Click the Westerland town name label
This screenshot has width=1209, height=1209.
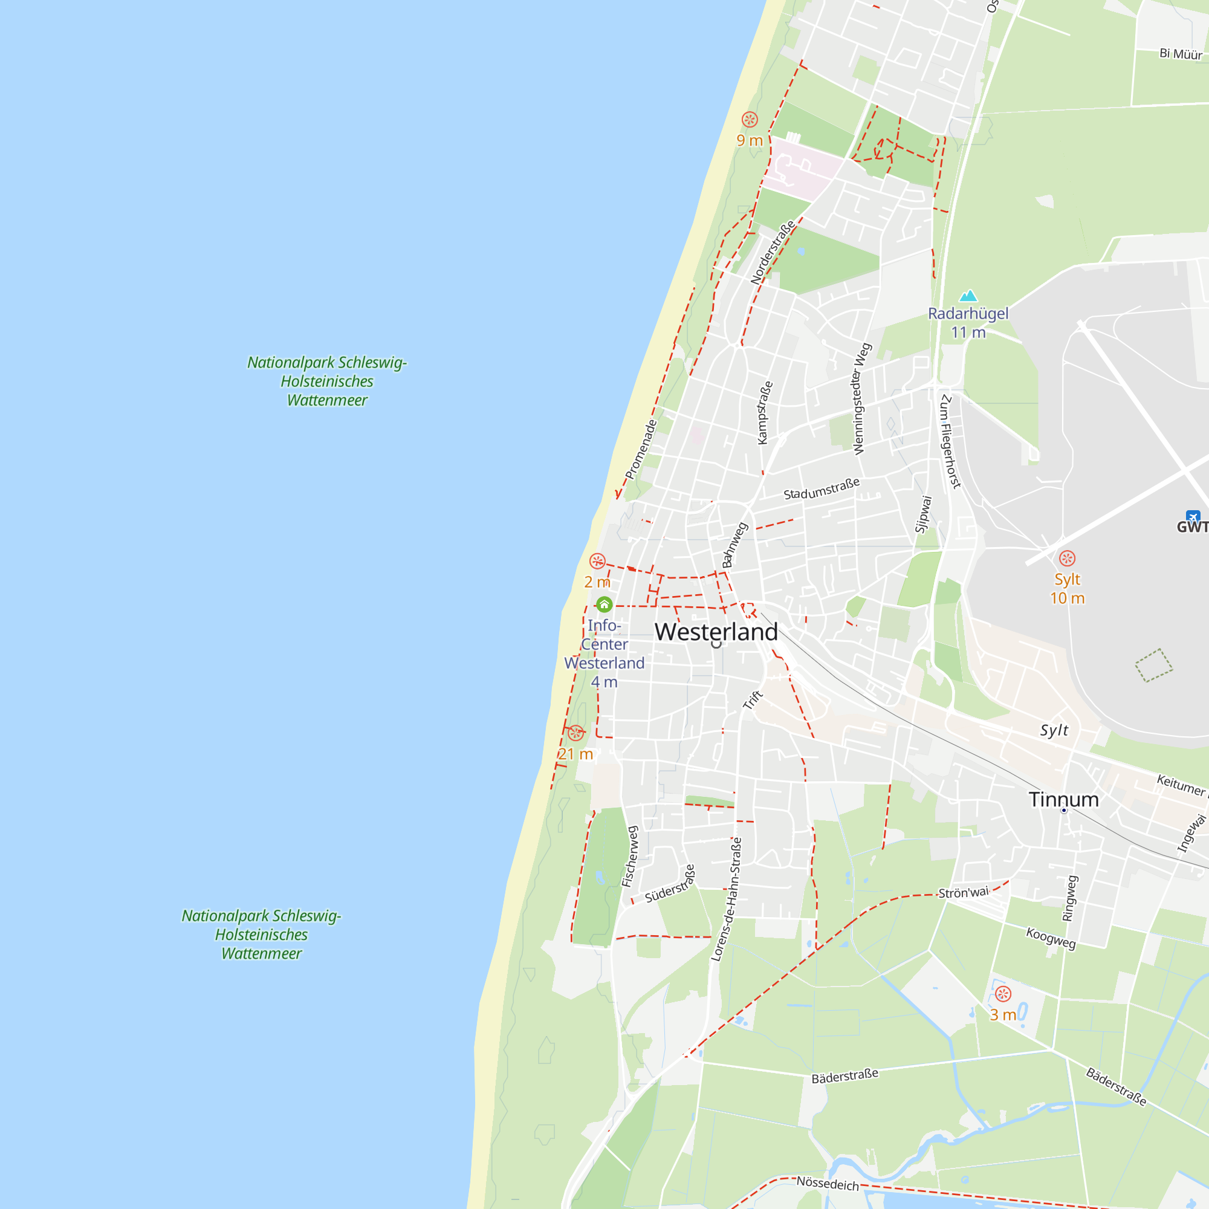point(716,632)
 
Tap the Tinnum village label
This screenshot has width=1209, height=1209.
point(1063,800)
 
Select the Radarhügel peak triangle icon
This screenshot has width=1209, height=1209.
point(968,296)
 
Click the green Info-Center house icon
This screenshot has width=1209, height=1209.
point(604,604)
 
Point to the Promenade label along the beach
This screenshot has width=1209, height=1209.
point(641,450)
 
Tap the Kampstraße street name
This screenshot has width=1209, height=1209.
point(764,413)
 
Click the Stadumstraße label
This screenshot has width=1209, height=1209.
point(822,488)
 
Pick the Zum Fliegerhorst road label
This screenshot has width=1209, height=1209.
point(950,442)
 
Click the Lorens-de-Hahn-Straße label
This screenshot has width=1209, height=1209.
point(727,899)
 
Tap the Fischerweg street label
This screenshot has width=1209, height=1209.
point(629,856)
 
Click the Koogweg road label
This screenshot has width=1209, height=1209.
point(1051,938)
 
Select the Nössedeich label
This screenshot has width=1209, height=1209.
point(828,1184)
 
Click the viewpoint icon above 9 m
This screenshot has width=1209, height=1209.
point(750,120)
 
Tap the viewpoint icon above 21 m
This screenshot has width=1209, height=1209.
point(575,733)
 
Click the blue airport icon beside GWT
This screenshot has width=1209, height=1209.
point(1193,516)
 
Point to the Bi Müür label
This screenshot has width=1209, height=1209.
point(1180,54)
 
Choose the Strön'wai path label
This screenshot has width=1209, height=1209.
point(964,893)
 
